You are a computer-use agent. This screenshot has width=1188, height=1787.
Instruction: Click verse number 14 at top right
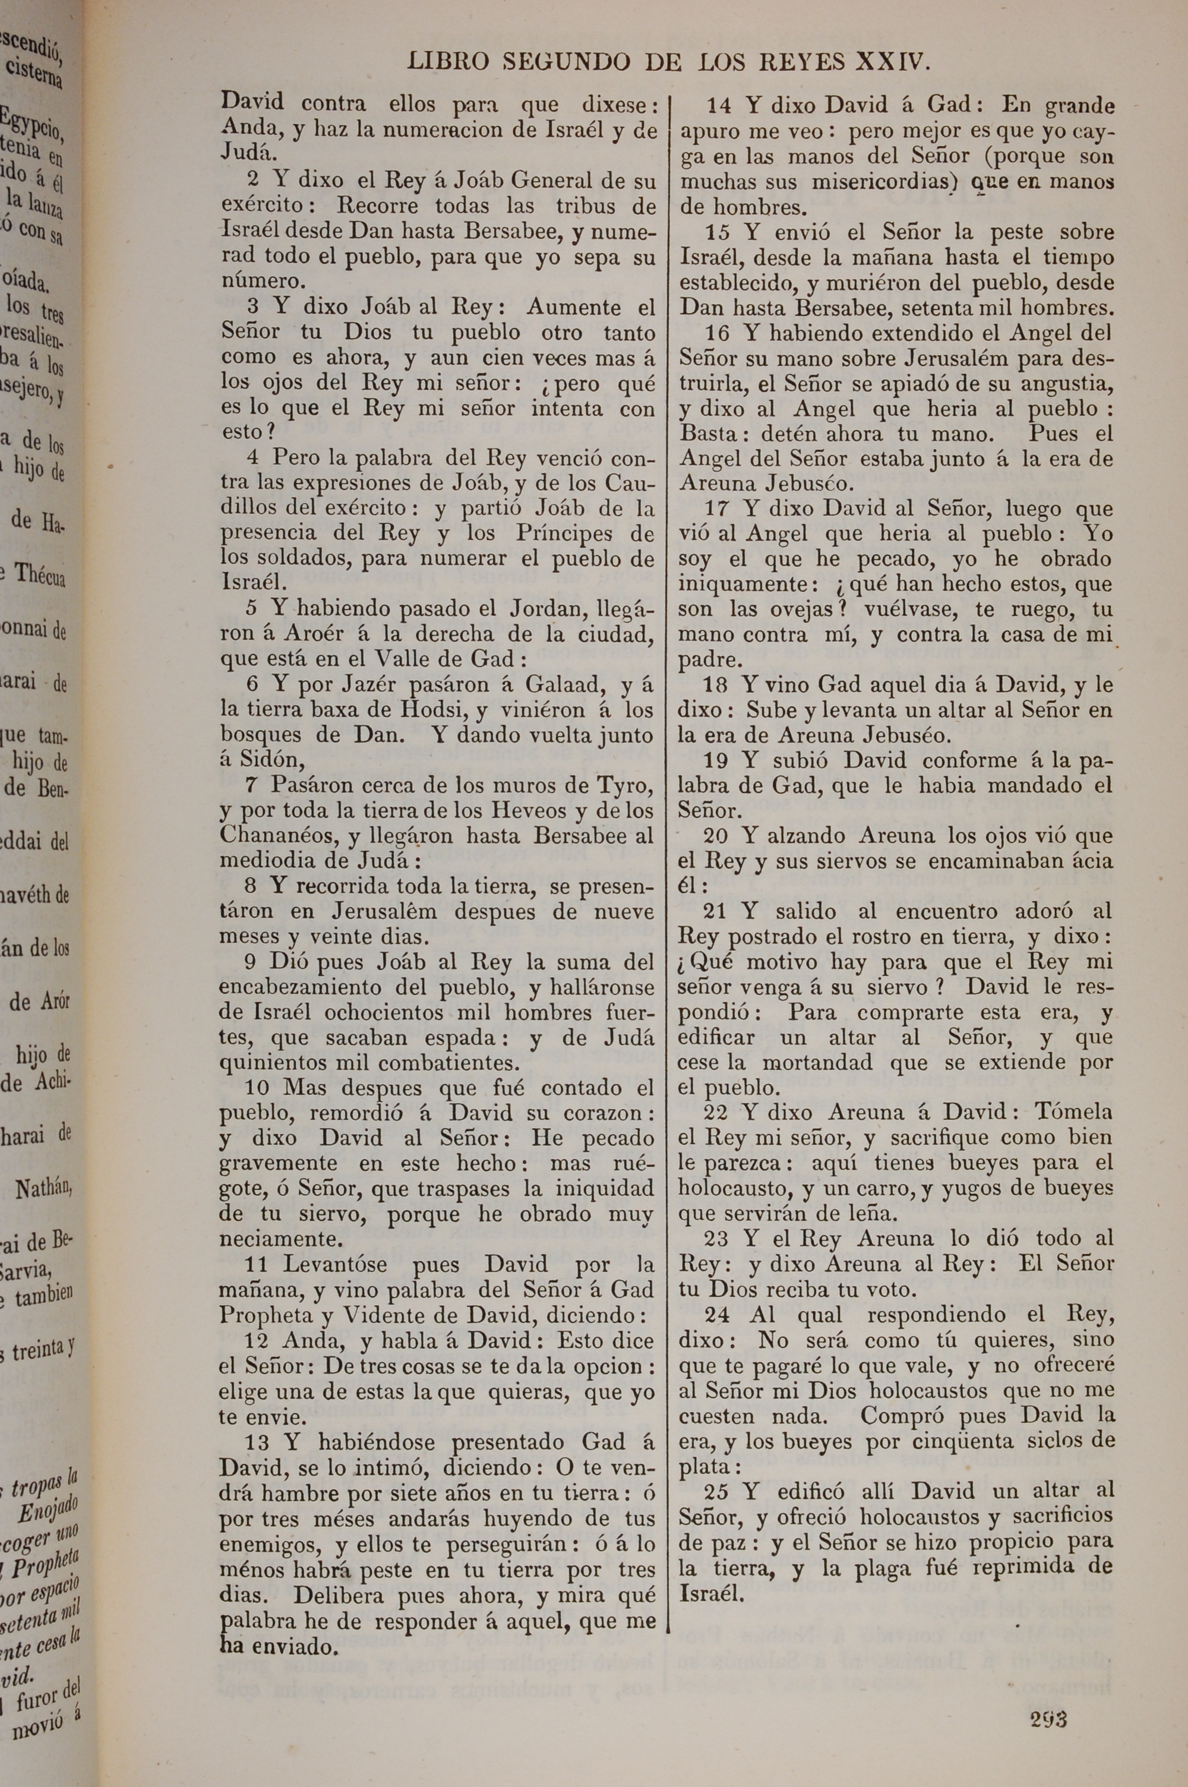719,105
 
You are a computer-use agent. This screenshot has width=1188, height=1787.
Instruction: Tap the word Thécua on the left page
40,576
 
